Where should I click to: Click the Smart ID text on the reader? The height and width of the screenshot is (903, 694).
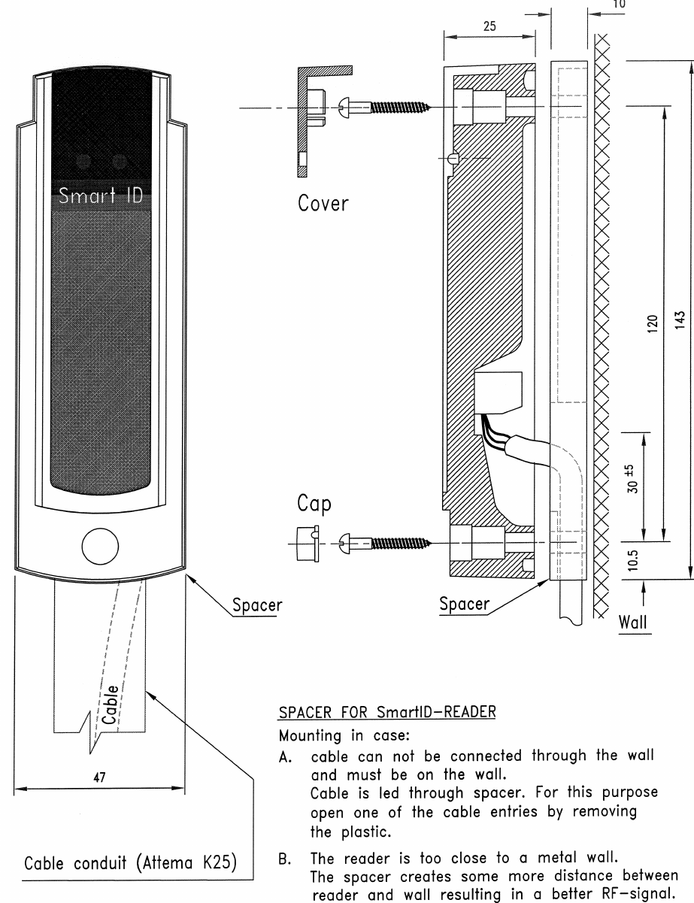103,197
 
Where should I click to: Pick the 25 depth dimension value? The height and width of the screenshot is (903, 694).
489,25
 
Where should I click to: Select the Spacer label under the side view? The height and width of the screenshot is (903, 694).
464,604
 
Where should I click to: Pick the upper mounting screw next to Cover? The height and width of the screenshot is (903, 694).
383,107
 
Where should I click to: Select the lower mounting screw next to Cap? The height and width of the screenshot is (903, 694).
383,540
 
